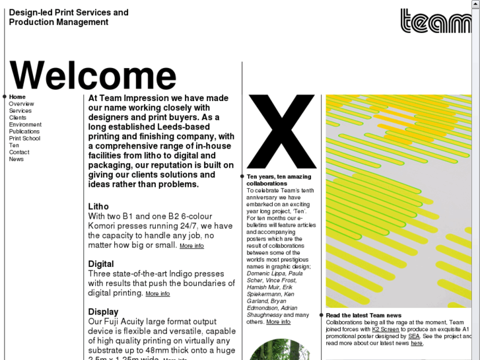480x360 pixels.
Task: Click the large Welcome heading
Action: click(93, 75)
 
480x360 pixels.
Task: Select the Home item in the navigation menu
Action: click(17, 97)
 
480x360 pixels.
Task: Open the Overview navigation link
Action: click(21, 104)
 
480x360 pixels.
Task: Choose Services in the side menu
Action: click(20, 111)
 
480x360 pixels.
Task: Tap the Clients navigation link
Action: click(18, 118)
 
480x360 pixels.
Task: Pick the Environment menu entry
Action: click(25, 125)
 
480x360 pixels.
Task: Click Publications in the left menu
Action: click(24, 131)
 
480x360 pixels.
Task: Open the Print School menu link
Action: click(24, 139)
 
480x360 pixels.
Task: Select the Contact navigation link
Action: click(19, 153)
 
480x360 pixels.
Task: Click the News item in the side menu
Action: click(17, 159)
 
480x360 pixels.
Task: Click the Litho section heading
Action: click(98, 207)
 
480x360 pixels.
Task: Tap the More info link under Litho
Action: click(191, 246)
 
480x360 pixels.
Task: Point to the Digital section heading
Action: click(101, 264)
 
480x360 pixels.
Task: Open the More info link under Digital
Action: click(158, 294)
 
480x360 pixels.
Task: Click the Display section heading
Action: click(104, 312)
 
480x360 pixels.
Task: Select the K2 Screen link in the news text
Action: click(386, 329)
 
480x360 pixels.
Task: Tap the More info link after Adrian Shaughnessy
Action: click(278, 322)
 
